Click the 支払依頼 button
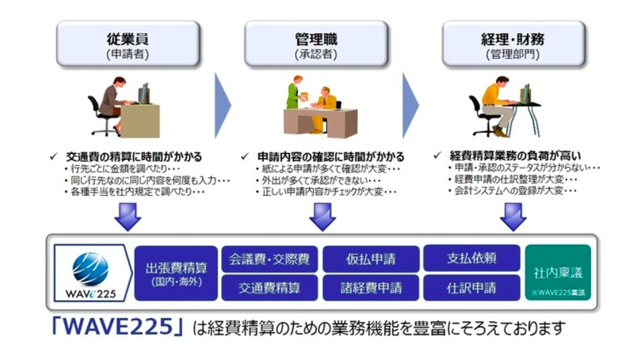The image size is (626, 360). [x=472, y=258]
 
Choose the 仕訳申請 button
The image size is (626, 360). [x=472, y=288]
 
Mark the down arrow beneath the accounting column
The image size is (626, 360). [x=512, y=215]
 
